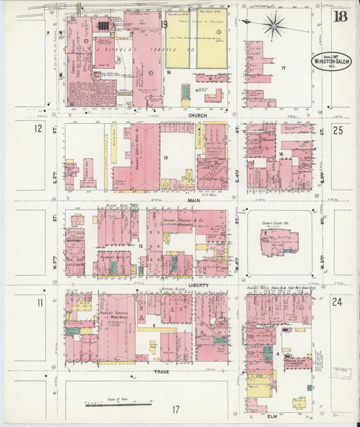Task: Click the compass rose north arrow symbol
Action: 274,25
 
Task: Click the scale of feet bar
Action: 118,404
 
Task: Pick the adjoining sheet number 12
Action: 38,128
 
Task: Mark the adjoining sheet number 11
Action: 41,302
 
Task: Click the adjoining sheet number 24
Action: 337,302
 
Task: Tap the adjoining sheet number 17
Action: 176,409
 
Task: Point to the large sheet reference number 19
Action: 164,25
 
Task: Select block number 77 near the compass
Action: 284,68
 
